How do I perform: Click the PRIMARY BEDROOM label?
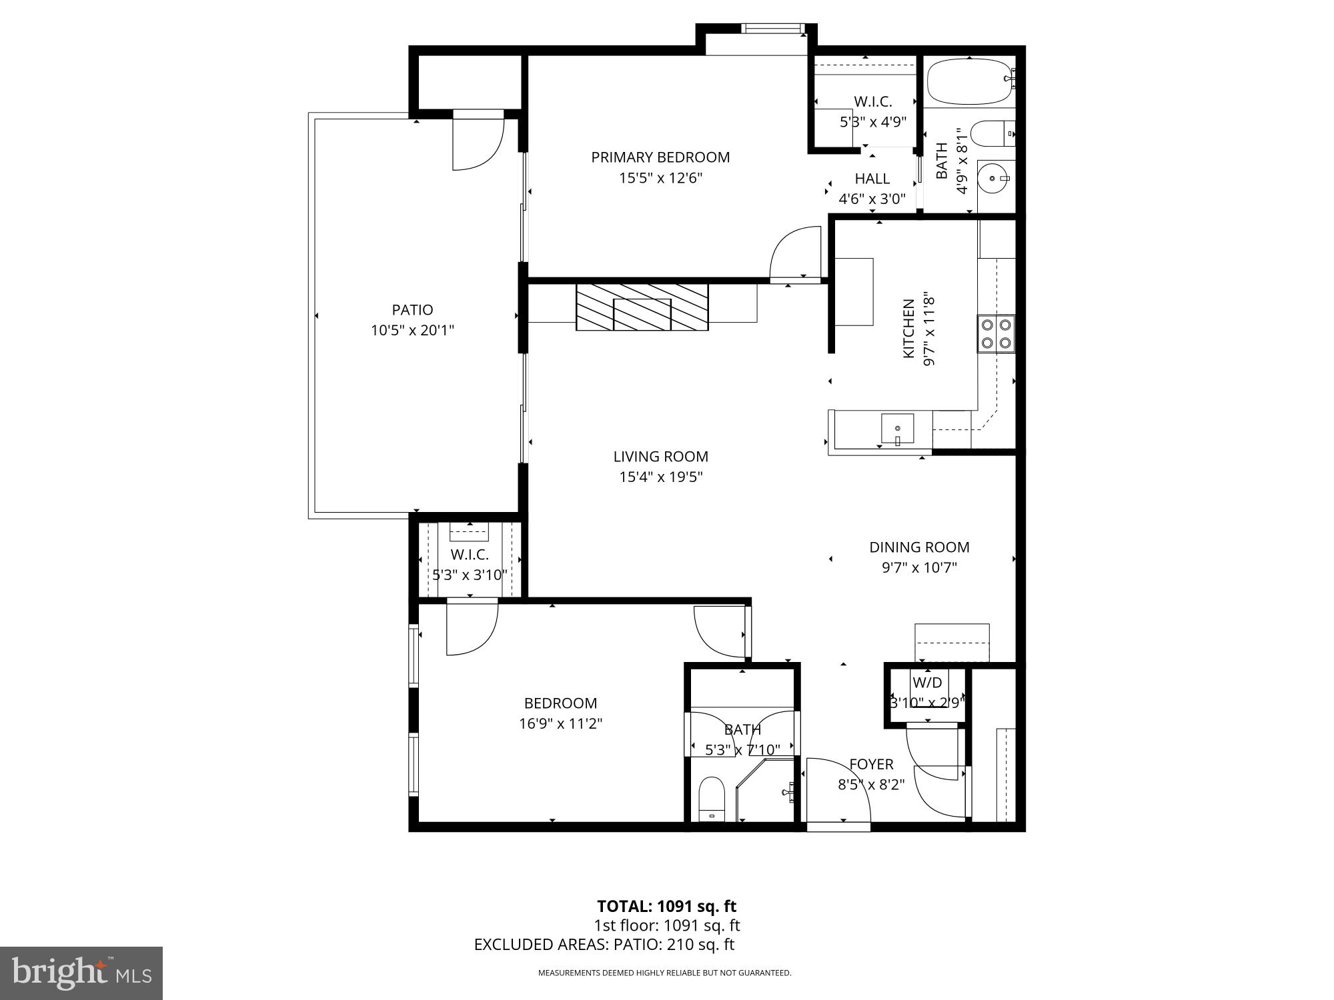(x=660, y=157)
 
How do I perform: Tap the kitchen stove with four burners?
(x=996, y=334)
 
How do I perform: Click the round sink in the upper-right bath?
(x=994, y=178)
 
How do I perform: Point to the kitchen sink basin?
(x=898, y=428)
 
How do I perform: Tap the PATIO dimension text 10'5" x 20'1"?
(x=412, y=330)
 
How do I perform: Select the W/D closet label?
(x=926, y=683)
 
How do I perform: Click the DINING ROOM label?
(x=919, y=547)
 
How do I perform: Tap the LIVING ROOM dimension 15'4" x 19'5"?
(x=660, y=477)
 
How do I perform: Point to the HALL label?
(x=872, y=179)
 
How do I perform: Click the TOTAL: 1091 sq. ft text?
(x=666, y=906)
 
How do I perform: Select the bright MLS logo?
(x=81, y=973)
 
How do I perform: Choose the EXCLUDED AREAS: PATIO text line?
(x=604, y=945)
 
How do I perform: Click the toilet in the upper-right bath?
(x=991, y=133)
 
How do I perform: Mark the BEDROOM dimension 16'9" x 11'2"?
(x=560, y=724)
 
